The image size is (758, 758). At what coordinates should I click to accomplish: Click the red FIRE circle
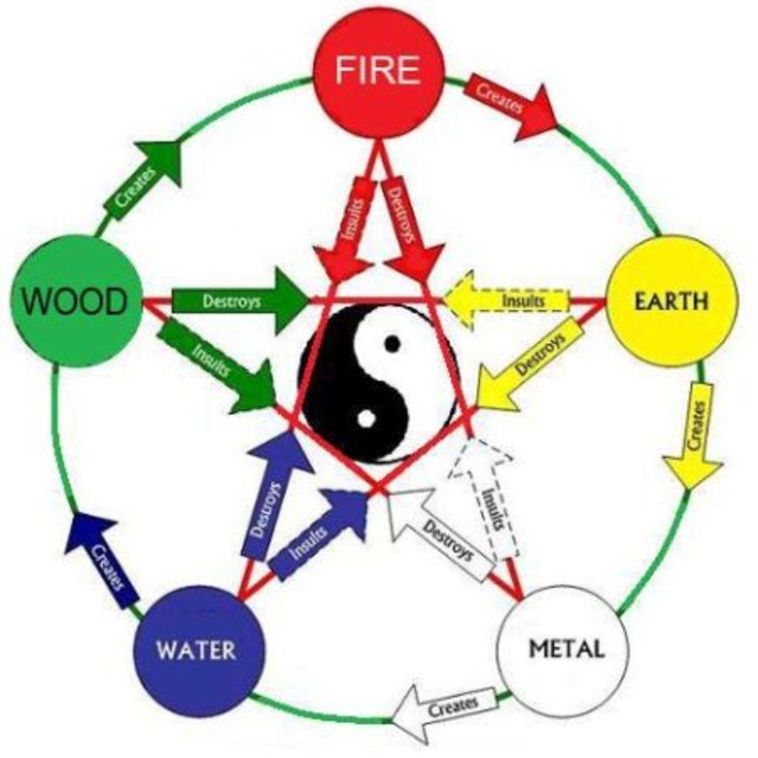[x=380, y=70]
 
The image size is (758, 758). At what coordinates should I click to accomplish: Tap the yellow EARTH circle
[x=671, y=301]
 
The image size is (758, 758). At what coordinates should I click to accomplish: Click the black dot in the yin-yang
[x=394, y=342]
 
